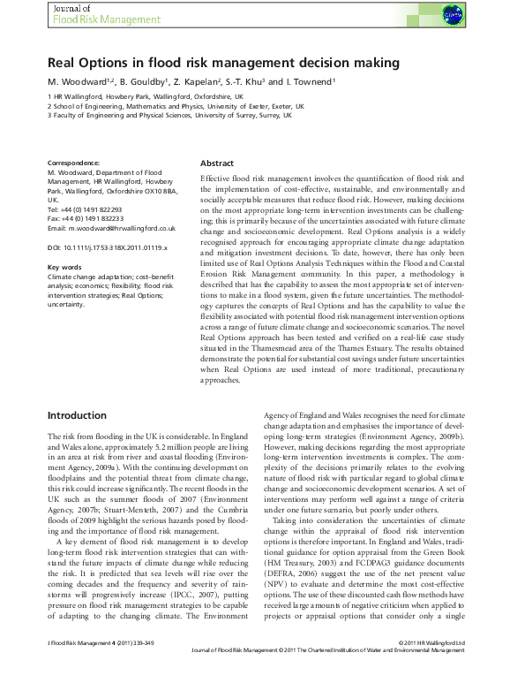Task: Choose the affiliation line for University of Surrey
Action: point(169,115)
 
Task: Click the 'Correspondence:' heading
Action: point(74,163)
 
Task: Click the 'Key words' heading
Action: point(65,267)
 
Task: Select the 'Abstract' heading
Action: point(217,164)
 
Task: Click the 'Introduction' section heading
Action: point(77,415)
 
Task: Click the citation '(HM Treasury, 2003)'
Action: point(303,563)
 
